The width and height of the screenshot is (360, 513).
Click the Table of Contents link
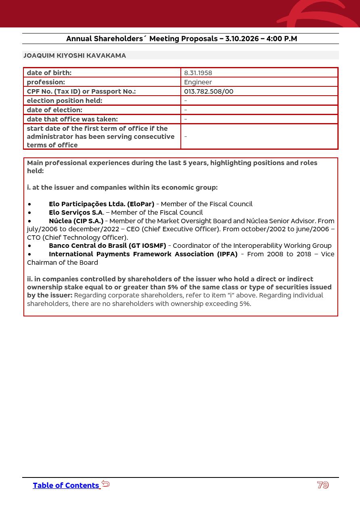(x=66, y=486)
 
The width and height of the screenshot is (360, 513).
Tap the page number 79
(x=323, y=485)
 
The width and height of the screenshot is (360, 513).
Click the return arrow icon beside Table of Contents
(x=106, y=484)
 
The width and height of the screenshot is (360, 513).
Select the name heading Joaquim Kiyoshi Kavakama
(x=75, y=56)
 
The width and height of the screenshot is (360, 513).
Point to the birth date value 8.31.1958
(x=198, y=73)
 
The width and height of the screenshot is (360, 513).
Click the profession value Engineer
(x=198, y=82)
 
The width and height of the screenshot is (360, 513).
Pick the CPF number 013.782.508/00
(x=208, y=92)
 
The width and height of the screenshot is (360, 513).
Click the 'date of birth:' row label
(x=49, y=73)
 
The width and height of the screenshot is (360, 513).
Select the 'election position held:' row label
(x=64, y=101)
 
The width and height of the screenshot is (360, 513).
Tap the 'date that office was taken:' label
(x=72, y=119)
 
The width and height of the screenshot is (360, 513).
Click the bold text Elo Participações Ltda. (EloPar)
(x=101, y=204)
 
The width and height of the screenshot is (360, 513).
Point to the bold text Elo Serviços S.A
(x=76, y=213)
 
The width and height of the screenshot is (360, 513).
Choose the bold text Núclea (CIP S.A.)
(x=76, y=221)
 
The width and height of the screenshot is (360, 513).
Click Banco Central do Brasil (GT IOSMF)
(x=107, y=246)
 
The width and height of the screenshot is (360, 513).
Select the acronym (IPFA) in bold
(x=227, y=254)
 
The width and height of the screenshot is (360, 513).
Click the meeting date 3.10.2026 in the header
(x=242, y=39)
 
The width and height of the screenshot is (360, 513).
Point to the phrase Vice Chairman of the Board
(x=63, y=263)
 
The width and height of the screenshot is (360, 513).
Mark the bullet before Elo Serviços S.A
(x=29, y=213)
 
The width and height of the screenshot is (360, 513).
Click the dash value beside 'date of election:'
(x=186, y=110)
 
